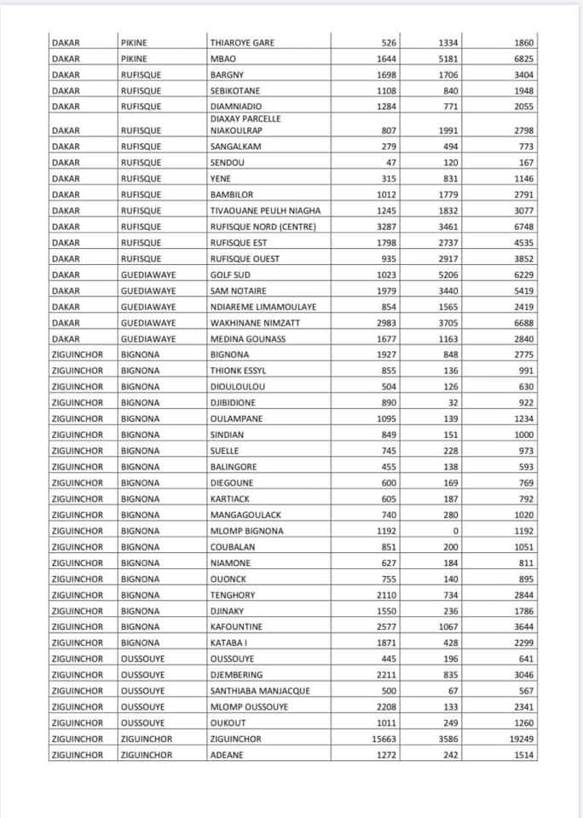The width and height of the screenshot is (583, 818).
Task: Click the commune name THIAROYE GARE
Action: click(242, 43)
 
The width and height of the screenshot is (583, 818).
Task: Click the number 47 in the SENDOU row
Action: click(391, 163)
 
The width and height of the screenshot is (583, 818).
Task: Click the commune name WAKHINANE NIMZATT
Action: click(255, 323)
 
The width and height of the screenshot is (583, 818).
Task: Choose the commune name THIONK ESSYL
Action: click(238, 371)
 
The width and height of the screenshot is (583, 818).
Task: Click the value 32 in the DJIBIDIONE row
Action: click(453, 403)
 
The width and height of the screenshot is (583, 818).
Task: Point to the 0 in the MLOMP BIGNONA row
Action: click(456, 531)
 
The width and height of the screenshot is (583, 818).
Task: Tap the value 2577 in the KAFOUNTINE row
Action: click(387, 627)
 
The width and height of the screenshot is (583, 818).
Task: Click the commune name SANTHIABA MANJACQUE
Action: click(260, 691)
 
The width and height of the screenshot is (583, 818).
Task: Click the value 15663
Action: click(384, 739)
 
